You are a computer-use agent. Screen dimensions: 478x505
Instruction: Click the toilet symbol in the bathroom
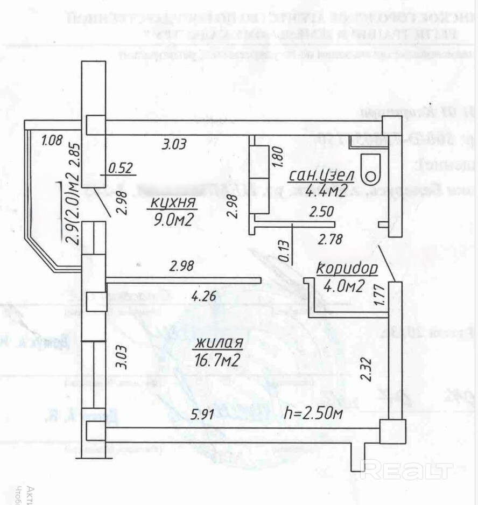click(370, 169)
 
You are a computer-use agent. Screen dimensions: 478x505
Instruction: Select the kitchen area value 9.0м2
click(172, 219)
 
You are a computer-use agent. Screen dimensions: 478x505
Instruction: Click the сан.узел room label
click(321, 176)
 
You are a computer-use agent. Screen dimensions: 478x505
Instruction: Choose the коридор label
click(346, 268)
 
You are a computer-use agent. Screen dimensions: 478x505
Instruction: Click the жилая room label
click(219, 343)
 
